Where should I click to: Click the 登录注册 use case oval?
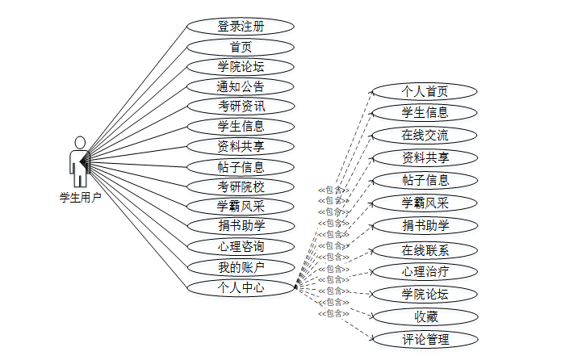[241, 27]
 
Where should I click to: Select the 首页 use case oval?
[241, 48]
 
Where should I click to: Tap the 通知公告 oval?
[241, 86]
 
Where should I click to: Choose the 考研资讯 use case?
[241, 107]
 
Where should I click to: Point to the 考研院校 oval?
[241, 187]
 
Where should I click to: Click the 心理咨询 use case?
[241, 246]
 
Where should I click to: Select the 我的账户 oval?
[241, 266]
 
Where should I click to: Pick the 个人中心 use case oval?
[241, 287]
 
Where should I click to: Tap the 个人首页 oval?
[425, 91]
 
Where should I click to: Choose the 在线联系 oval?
[425, 249]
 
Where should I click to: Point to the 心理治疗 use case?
[425, 272]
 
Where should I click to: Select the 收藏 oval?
[425, 316]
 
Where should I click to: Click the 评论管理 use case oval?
[425, 339]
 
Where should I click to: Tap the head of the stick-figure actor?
[79, 143]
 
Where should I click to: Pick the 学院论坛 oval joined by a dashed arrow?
[425, 294]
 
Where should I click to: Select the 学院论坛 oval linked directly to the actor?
[241, 67]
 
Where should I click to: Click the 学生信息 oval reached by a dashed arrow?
[425, 113]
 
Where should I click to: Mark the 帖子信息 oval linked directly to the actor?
[241, 167]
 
